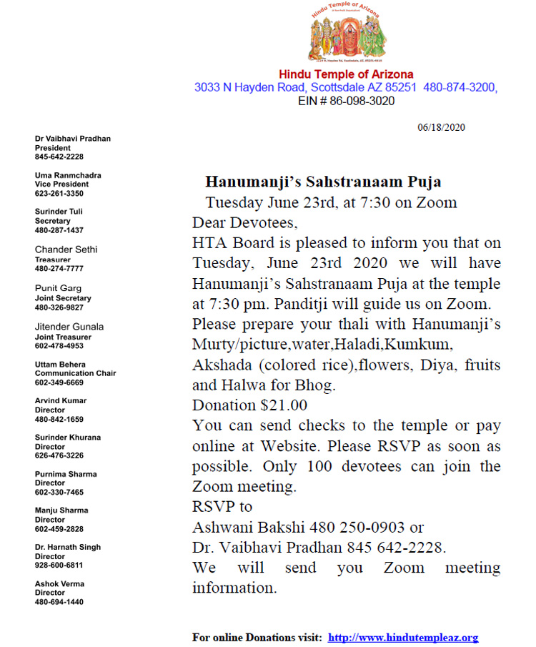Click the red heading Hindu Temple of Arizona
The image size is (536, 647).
(x=346, y=74)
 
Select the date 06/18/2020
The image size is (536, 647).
(x=441, y=127)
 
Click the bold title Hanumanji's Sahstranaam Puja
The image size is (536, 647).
(x=323, y=182)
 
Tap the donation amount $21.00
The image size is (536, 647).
(x=284, y=405)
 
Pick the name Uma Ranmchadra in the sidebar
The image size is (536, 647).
(x=68, y=175)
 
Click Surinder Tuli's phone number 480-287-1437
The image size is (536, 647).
(x=59, y=230)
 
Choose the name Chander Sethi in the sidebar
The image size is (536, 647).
(x=66, y=250)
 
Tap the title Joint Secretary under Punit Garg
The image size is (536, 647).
(x=63, y=298)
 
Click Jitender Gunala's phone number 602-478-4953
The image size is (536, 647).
(x=59, y=346)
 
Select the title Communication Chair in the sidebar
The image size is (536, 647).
(x=75, y=373)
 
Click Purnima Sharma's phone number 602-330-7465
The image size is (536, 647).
(x=59, y=492)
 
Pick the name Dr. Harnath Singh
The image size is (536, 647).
(x=68, y=547)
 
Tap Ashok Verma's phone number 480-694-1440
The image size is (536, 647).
(x=59, y=602)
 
